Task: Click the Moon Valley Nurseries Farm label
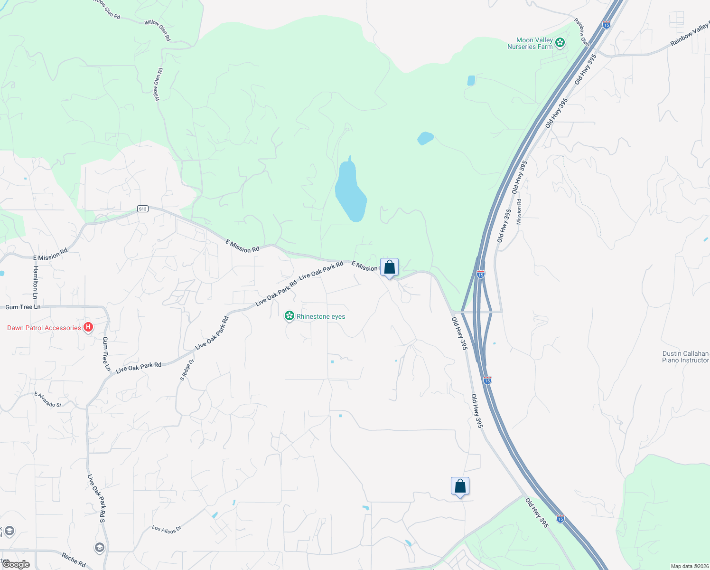[530, 43]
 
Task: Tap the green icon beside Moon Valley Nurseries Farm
[560, 43]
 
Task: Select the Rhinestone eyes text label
[321, 316]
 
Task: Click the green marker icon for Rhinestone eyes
[289, 316]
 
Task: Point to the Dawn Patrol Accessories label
[44, 328]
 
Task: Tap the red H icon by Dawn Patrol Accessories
[88, 327]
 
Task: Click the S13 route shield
[143, 209]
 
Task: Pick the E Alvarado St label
[47, 399]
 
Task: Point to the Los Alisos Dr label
[167, 529]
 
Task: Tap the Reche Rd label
[74, 560]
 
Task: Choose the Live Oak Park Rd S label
[96, 498]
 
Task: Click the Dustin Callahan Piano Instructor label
[685, 357]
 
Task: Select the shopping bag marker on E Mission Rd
[389, 267]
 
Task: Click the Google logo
[16, 564]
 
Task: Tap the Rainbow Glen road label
[582, 32]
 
